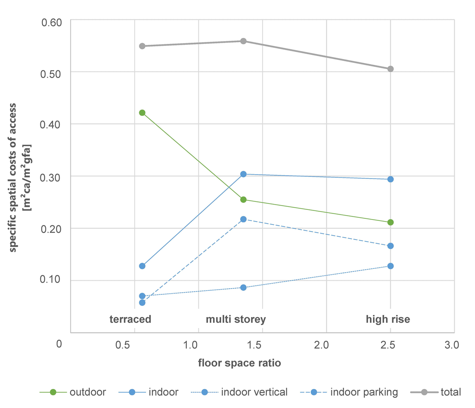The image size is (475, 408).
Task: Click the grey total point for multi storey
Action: (x=243, y=41)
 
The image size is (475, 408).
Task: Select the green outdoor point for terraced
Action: (x=142, y=113)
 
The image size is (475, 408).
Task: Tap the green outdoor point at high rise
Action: (x=390, y=222)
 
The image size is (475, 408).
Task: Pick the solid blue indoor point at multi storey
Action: (x=243, y=174)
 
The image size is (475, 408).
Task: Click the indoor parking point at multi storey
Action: (x=243, y=219)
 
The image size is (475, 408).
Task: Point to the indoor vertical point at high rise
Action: (x=390, y=266)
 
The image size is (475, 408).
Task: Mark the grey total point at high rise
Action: (x=390, y=69)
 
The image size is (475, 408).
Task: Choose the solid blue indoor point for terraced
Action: (x=142, y=266)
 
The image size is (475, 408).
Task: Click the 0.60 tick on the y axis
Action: (x=52, y=22)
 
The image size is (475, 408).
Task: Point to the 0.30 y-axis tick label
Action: (x=52, y=178)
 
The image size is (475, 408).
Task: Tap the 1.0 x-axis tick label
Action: (x=191, y=345)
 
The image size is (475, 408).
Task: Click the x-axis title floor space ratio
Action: (x=239, y=363)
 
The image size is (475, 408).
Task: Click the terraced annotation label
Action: (x=130, y=319)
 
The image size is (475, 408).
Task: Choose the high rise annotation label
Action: (x=388, y=319)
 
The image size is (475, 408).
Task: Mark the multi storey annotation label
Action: (x=236, y=319)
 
